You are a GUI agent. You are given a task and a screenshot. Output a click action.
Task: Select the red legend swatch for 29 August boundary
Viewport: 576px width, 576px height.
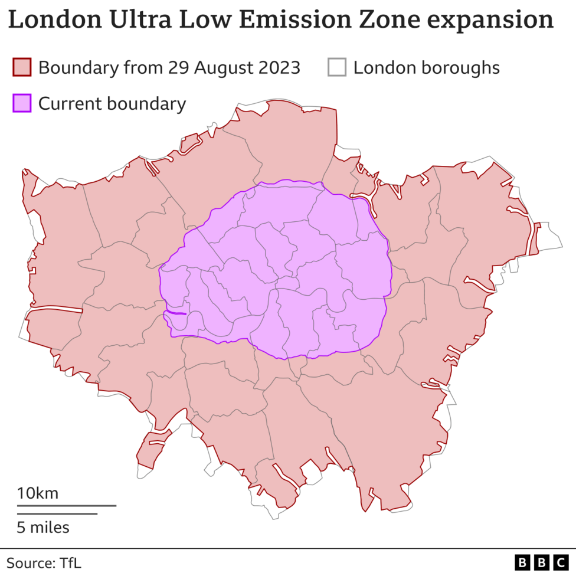point(22,67)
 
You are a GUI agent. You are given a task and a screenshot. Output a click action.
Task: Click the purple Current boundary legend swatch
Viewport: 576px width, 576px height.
point(22,103)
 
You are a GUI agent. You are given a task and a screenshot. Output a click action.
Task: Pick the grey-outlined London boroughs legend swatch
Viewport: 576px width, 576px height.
point(337,67)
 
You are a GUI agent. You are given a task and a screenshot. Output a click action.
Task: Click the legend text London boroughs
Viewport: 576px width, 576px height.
point(426,67)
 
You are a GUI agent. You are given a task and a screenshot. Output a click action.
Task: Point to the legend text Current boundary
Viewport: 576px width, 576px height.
point(112,103)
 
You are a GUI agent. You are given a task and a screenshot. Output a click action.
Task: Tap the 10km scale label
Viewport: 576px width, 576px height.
point(37,493)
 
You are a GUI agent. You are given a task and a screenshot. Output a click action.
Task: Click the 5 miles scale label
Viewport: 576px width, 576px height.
point(43,527)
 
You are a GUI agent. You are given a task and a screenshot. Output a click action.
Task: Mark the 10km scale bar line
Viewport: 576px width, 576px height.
point(66,506)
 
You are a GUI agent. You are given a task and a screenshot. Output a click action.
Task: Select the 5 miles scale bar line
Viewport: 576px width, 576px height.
point(57,514)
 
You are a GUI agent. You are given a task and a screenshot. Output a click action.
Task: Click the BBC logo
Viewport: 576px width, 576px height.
point(541,562)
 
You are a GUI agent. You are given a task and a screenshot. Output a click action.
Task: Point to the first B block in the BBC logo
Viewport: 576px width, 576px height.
point(522,562)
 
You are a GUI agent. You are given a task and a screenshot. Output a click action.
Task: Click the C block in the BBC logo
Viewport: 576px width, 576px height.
point(559,562)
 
